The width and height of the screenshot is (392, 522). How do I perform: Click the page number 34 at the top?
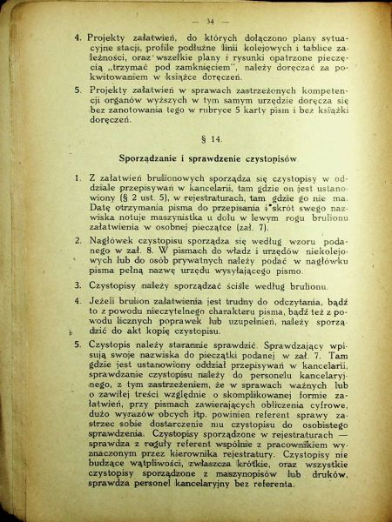pos(209,20)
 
